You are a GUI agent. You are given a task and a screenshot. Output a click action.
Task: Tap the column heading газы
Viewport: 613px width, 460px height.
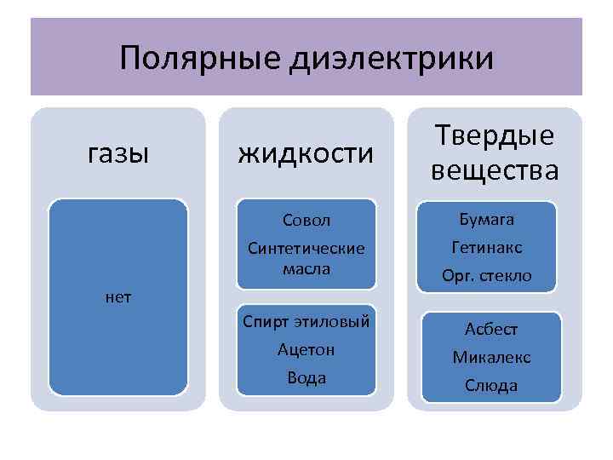coord(118,153)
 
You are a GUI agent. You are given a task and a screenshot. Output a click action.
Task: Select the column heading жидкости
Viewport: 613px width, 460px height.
coord(306,153)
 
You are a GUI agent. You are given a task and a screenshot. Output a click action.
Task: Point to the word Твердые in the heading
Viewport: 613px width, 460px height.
coord(495,136)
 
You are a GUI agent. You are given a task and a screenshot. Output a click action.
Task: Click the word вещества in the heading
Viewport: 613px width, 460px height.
coord(495,170)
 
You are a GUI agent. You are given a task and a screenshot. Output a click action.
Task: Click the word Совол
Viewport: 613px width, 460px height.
coord(306,221)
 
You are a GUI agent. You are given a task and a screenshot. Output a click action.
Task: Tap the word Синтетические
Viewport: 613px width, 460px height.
coord(306,249)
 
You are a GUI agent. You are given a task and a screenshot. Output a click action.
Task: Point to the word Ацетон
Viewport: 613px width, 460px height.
coord(306,349)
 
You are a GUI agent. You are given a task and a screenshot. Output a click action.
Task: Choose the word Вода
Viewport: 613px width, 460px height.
coord(306,377)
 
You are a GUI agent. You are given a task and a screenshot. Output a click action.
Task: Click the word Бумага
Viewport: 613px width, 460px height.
coord(490,220)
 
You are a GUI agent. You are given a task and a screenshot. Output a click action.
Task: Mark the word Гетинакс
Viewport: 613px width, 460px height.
coord(490,248)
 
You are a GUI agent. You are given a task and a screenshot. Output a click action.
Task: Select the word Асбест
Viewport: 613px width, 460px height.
coord(491,330)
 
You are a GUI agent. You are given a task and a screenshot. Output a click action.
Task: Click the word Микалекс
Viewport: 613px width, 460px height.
coord(491,357)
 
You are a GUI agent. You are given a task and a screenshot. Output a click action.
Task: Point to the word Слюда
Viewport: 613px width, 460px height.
coord(491,385)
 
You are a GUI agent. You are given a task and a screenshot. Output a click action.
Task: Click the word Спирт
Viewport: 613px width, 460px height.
coord(266,322)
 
